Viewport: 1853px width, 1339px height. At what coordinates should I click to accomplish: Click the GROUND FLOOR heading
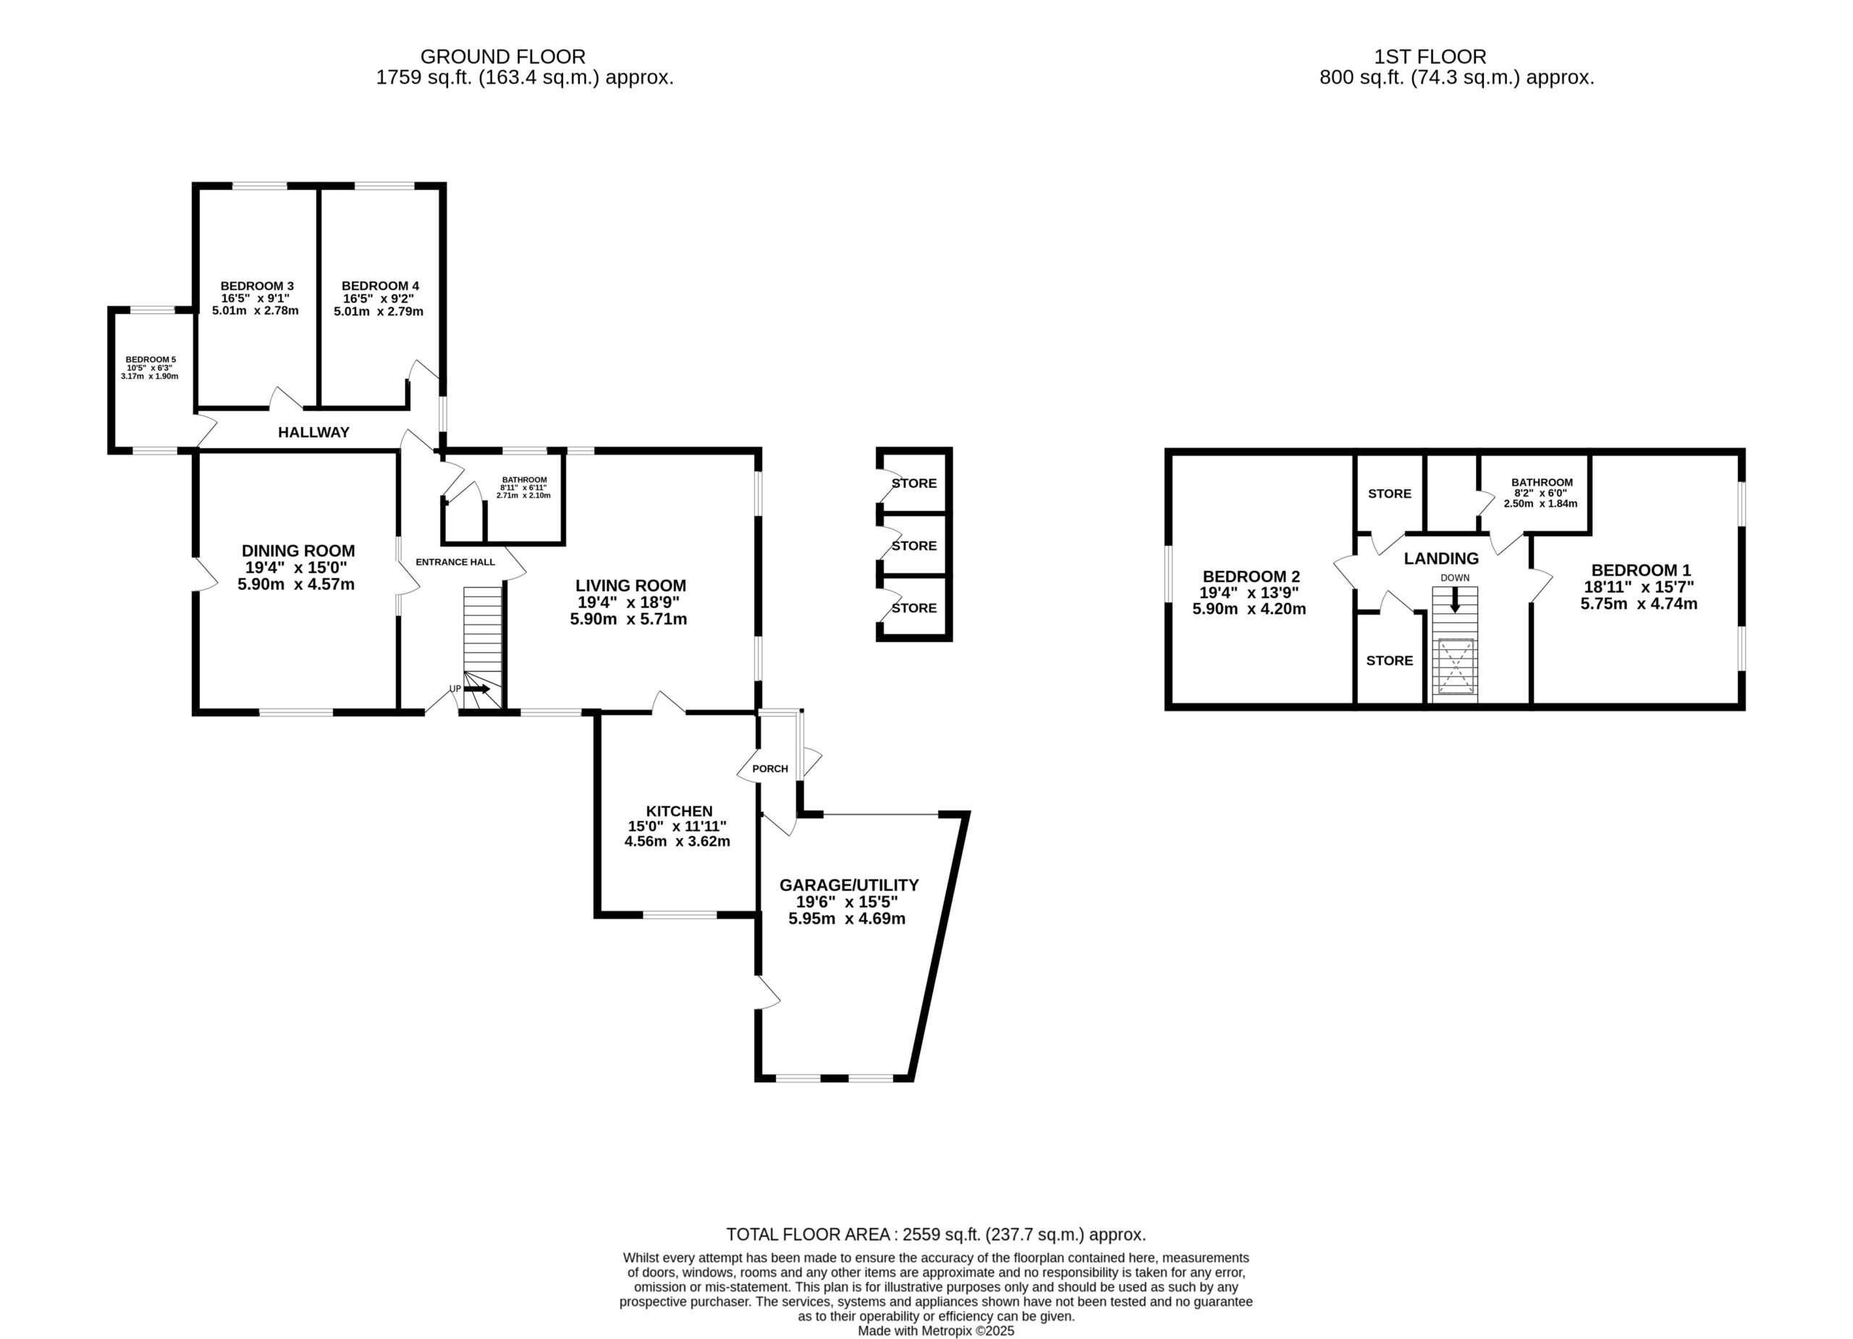tap(502, 57)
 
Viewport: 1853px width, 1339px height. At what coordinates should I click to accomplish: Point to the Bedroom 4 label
tap(380, 286)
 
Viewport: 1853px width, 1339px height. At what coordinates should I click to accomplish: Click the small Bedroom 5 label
tap(151, 360)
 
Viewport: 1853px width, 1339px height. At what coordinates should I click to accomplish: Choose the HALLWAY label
tap(313, 432)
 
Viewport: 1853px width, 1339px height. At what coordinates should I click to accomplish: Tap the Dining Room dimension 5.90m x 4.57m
tap(296, 584)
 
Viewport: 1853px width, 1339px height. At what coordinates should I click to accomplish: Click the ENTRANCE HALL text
tap(455, 562)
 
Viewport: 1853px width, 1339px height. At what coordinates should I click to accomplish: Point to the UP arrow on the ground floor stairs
tap(477, 689)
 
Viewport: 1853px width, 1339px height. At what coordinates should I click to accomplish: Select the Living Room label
tap(630, 586)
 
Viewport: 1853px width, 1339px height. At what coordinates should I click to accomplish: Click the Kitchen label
tap(679, 811)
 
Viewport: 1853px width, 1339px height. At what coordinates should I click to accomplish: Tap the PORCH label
tap(770, 769)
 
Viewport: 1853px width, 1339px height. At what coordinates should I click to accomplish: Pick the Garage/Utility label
tap(849, 884)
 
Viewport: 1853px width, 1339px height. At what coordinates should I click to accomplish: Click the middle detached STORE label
tap(914, 546)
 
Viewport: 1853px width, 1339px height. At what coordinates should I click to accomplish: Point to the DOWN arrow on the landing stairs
tap(1454, 599)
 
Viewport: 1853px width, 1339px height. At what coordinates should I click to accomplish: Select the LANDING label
tap(1441, 559)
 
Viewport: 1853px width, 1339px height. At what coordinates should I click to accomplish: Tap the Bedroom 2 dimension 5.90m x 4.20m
tap(1249, 609)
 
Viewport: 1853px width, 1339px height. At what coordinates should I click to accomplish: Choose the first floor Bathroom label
tap(1542, 483)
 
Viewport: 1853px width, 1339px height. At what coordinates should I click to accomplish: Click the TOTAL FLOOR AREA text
tap(935, 1235)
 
